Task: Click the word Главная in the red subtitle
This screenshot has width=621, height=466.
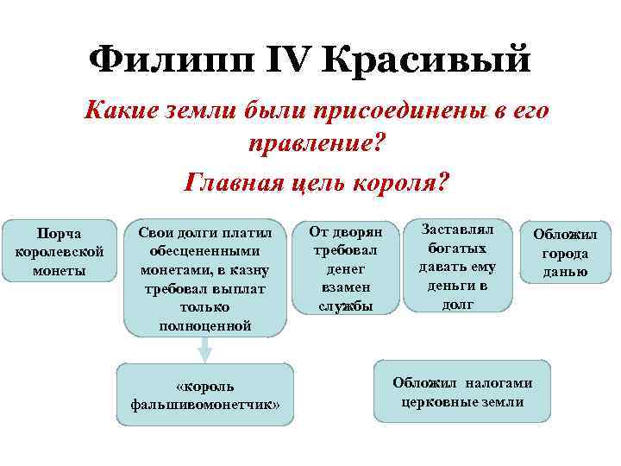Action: tap(239, 183)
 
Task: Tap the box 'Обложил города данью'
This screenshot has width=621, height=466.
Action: tap(565, 253)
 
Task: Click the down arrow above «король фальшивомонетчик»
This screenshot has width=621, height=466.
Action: tap(204, 349)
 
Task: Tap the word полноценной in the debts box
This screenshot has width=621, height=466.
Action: tap(204, 324)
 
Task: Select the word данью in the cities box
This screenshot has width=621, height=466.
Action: tap(565, 272)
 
